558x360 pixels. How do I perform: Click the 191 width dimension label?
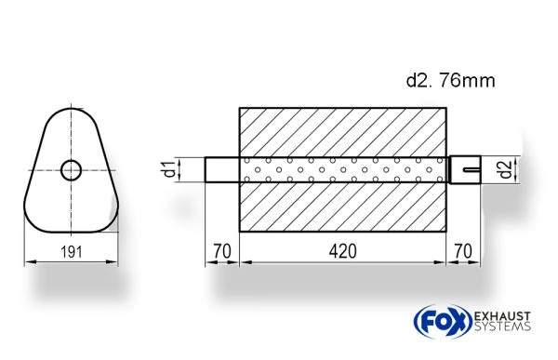click(72, 252)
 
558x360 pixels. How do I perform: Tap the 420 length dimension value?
click(342, 251)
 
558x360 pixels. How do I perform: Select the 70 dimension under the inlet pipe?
click(222, 251)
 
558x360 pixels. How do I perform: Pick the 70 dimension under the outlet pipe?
click(463, 251)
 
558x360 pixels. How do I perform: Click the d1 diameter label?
click(170, 169)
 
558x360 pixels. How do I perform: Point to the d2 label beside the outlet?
click(505, 169)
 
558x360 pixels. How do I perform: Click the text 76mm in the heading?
click(467, 81)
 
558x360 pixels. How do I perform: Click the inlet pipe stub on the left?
click(222, 169)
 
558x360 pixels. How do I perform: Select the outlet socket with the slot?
click(465, 169)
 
